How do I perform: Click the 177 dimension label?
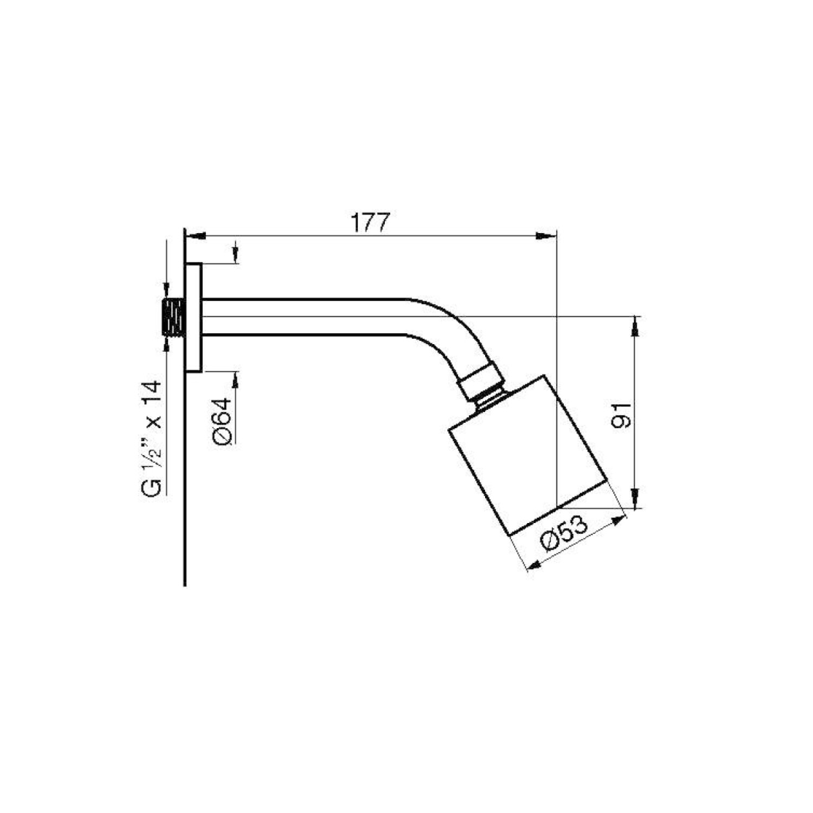click(x=371, y=223)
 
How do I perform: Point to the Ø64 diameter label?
click(x=222, y=422)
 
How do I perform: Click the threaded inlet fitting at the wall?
click(x=173, y=317)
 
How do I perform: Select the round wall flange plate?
click(x=194, y=318)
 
